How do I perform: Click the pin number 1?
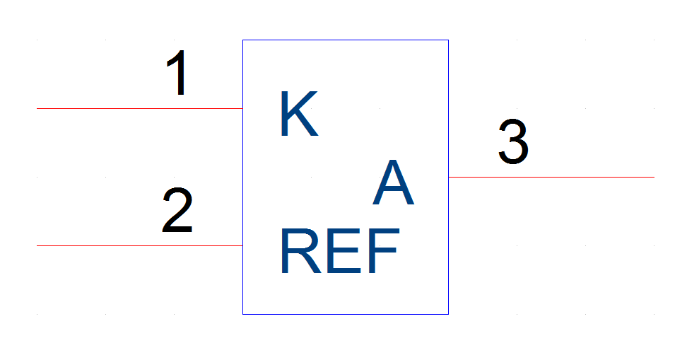(177, 72)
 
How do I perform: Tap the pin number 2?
(177, 210)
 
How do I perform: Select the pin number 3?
(514, 141)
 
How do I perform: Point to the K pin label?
(300, 114)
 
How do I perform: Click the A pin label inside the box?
(394, 182)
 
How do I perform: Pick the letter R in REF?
(301, 251)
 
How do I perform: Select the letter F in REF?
(384, 251)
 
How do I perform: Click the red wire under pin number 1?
(140, 108)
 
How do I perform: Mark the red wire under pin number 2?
(140, 245)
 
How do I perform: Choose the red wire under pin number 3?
(551, 177)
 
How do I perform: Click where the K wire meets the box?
(242, 108)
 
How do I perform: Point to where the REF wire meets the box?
(242, 245)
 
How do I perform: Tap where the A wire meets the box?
(448, 177)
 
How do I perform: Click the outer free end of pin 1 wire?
(37, 108)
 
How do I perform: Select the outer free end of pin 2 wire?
(37, 245)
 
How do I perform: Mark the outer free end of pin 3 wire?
(654, 177)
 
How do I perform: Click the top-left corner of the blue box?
(242, 40)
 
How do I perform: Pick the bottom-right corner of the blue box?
(448, 314)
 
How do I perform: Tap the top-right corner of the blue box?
(448, 40)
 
